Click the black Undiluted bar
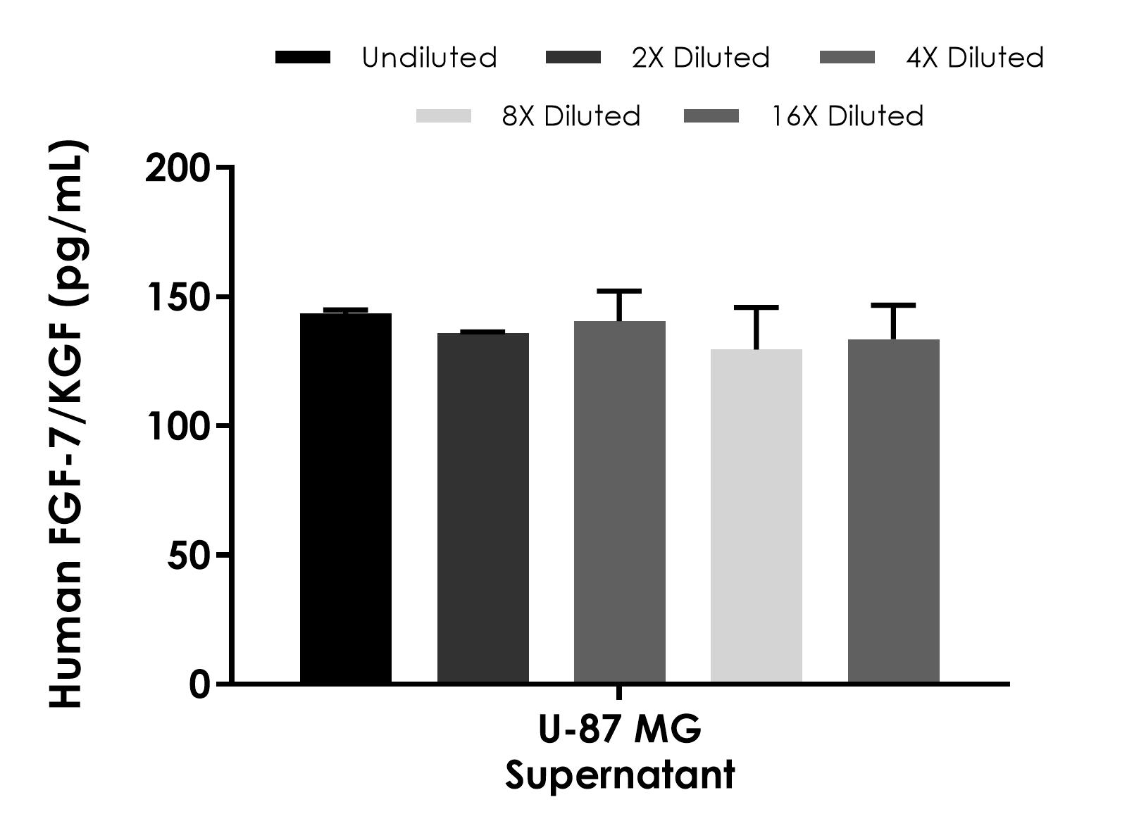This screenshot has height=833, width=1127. [x=346, y=498]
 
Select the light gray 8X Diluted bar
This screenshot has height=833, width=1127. [x=756, y=515]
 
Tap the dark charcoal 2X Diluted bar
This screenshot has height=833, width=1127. [x=482, y=508]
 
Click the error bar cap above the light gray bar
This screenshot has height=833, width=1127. [x=756, y=308]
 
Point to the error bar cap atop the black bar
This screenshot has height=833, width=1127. [x=346, y=309]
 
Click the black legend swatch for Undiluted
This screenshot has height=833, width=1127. [x=303, y=58]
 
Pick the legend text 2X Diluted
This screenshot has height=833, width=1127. [x=701, y=58]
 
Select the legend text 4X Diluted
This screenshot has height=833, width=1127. [x=975, y=58]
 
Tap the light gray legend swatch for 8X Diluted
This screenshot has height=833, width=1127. [x=443, y=116]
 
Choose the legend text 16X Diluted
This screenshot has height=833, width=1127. [x=847, y=116]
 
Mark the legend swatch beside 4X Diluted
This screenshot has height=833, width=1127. [x=847, y=58]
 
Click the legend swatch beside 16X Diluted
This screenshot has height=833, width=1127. [x=711, y=116]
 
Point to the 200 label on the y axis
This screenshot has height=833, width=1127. [x=178, y=168]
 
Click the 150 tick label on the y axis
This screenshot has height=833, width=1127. [x=178, y=297]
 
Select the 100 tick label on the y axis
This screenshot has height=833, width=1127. [x=178, y=426]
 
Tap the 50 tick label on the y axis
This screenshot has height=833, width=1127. [x=189, y=556]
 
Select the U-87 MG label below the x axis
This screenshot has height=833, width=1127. [x=620, y=729]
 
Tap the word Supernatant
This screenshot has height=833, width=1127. [x=620, y=775]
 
